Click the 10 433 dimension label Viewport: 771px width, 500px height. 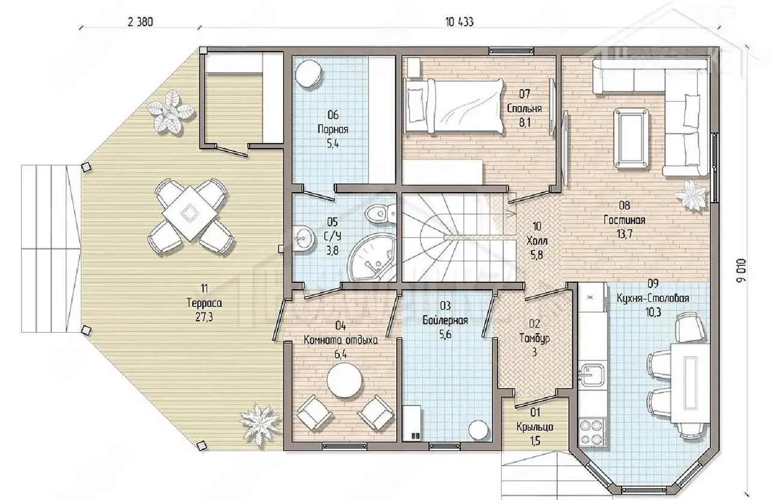pos(460,22)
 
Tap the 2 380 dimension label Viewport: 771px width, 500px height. pos(140,22)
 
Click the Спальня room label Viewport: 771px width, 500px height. pos(525,108)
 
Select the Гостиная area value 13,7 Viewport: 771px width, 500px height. pos(625,234)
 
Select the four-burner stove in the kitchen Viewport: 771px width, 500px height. pos(592,432)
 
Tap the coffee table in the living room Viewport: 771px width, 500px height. pos(631,138)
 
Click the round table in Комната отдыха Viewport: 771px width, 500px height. pos(344,381)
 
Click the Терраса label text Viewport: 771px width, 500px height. pos(204,303)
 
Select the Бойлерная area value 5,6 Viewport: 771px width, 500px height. pos(445,335)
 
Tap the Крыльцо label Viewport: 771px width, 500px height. pos(535,427)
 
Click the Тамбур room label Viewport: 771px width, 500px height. pos(534,338)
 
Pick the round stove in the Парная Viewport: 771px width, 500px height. pos(309,74)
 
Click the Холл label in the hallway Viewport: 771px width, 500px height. pos(537,241)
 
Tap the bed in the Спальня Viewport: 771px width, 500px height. pos(454,105)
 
